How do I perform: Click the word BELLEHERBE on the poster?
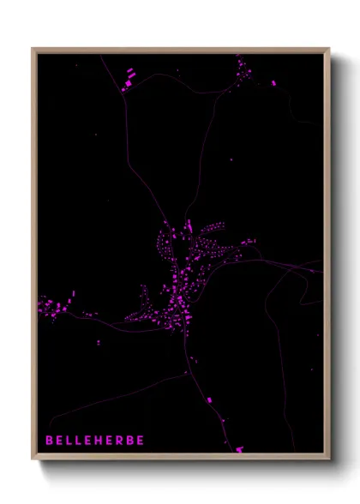95,441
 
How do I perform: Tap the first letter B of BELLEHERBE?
49,441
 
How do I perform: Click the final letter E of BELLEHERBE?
141,441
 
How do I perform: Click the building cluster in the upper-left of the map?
129,79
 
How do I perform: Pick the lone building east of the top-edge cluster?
273,83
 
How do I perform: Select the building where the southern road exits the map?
239,448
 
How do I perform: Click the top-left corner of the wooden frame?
33,50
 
